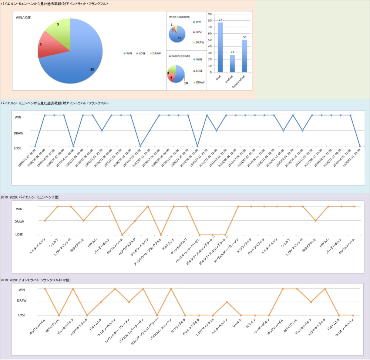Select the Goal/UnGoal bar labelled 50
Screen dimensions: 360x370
(x=244, y=56)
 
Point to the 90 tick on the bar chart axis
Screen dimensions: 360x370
(x=210, y=14)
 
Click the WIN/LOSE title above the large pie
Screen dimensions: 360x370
(x=23, y=18)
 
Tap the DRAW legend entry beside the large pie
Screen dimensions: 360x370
(x=155, y=54)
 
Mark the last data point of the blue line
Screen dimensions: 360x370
(x=360, y=146)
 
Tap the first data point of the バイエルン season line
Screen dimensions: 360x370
(x=45, y=221)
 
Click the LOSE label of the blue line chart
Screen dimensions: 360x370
(x=18, y=148)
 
